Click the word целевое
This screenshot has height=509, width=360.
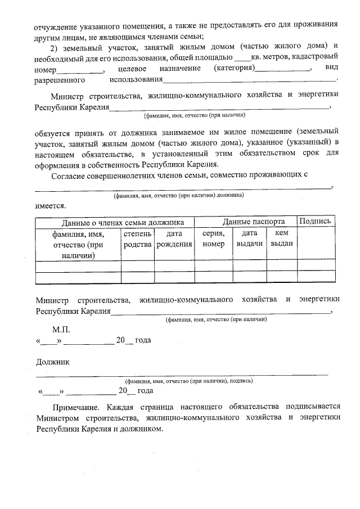pyautogui.click(x=133, y=68)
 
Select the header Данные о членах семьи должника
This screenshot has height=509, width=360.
pyautogui.click(x=115, y=222)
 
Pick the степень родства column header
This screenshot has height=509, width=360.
pyautogui.click(x=137, y=238)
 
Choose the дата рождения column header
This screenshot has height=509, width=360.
pyautogui.click(x=174, y=238)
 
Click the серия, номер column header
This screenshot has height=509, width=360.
pyautogui.click(x=213, y=238)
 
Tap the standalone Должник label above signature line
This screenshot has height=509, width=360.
pyautogui.click(x=53, y=362)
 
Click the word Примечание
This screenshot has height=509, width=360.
pyautogui.click(x=75, y=407)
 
